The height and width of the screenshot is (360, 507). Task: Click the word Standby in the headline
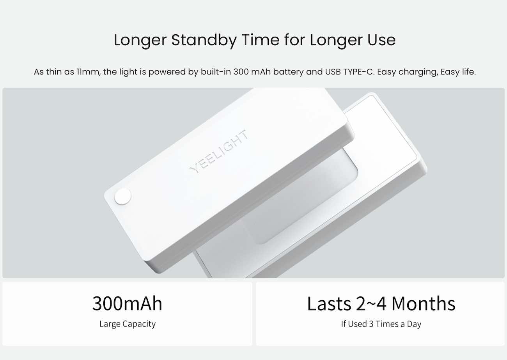click(204, 41)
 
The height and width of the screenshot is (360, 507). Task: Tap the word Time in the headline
click(260, 40)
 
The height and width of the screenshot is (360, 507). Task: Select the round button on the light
click(123, 196)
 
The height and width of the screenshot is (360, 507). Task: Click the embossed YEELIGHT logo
click(219, 151)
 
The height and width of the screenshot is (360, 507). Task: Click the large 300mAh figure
click(127, 303)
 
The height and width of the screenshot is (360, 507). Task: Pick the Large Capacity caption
click(128, 324)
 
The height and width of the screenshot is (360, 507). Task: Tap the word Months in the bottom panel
click(424, 303)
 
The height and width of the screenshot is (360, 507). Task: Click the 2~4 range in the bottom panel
click(371, 303)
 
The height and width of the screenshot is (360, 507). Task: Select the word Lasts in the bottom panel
click(329, 303)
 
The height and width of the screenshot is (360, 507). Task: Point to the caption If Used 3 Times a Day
click(381, 324)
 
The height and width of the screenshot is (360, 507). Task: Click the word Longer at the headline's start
click(140, 41)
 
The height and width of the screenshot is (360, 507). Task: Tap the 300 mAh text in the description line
click(252, 72)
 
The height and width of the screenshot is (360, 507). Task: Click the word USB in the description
click(333, 72)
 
